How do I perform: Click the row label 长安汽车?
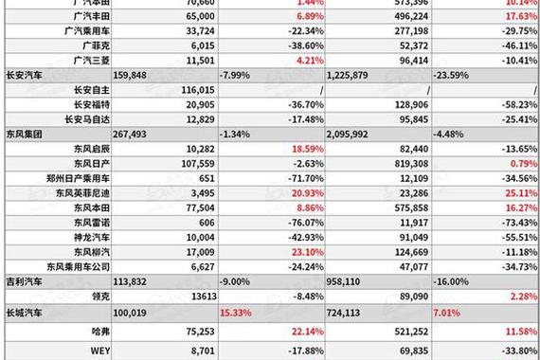point(24,73)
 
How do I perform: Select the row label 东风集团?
point(24,134)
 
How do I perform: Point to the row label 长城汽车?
point(24,311)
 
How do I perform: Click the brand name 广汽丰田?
point(91,16)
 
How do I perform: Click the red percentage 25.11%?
point(518,193)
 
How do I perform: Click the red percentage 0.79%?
point(521,164)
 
